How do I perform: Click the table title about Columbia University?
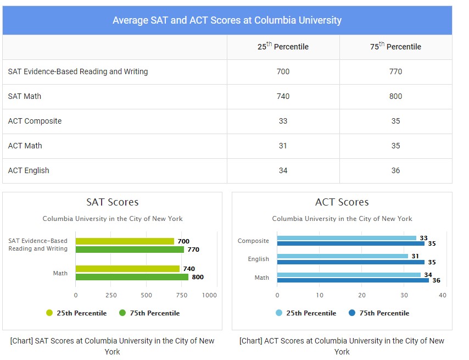point(227,20)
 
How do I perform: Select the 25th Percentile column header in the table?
point(283,47)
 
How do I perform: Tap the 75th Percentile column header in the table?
point(395,47)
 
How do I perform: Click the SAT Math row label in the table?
point(25,96)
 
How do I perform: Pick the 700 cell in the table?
point(283,71)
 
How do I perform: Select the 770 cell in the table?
point(395,71)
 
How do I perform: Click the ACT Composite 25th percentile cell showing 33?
point(283,121)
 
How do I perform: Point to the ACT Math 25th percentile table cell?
point(283,146)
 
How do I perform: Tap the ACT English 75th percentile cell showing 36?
point(395,170)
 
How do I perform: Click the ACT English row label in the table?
point(29,170)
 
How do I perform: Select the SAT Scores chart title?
point(112,202)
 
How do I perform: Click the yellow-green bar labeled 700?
point(125,241)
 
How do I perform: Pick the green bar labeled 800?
point(132,277)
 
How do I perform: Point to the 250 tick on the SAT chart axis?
point(111,295)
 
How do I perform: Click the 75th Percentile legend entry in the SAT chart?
point(149,313)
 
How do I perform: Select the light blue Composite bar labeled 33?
point(347,238)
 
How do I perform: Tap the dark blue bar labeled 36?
point(353,280)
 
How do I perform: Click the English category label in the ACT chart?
point(258,259)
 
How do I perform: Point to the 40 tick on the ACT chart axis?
point(442,295)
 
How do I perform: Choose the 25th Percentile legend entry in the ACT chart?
point(306,313)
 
